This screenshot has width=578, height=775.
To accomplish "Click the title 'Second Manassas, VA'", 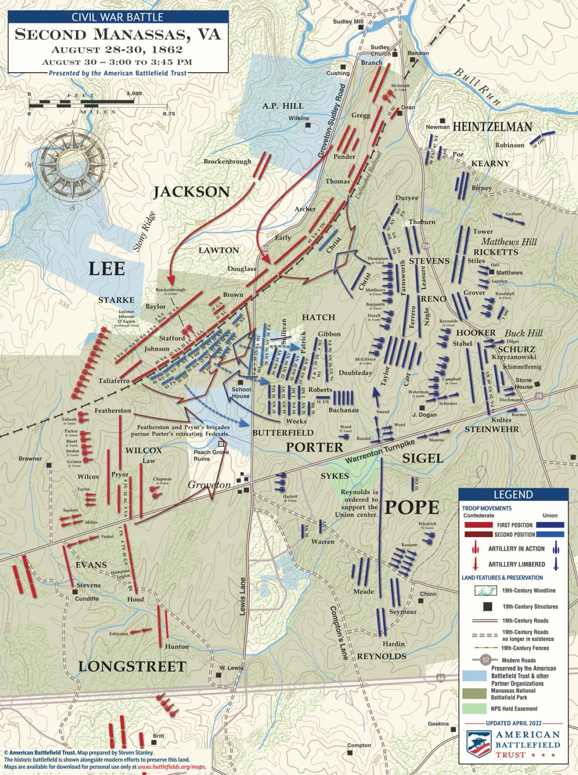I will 118,35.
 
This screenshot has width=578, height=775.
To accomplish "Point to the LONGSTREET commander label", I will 132,667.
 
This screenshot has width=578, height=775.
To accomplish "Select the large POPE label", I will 412,508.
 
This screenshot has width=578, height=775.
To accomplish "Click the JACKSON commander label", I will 191,192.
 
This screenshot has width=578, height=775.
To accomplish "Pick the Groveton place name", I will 209,485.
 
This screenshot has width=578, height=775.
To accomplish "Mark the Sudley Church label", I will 381,50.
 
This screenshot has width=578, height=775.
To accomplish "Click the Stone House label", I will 523,383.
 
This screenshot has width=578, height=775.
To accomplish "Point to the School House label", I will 241,393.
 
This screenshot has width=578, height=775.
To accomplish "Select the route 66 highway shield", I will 440,677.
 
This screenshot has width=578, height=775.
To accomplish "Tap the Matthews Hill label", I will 509,241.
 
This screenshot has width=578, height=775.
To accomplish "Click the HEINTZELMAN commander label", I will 492,127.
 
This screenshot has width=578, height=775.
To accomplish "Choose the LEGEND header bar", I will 513,494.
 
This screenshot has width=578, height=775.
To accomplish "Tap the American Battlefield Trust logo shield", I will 478,744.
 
